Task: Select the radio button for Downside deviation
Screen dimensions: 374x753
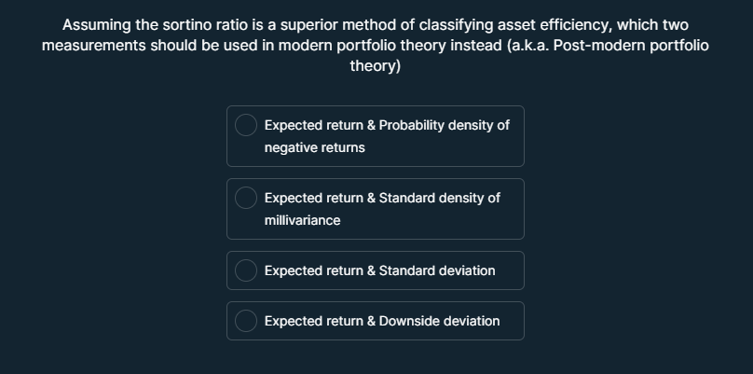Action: [x=246, y=321]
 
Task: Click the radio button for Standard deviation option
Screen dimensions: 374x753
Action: [x=246, y=270]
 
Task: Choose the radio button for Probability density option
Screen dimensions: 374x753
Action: [x=246, y=125]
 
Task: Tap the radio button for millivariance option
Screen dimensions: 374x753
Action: [x=246, y=198]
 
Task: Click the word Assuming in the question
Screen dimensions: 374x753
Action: [x=96, y=25]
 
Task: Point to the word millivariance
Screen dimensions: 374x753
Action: [x=302, y=220]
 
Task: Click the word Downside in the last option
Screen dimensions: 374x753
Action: [x=410, y=321]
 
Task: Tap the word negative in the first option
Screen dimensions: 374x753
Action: [x=290, y=147]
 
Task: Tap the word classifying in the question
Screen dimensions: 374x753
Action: [x=441, y=25]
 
